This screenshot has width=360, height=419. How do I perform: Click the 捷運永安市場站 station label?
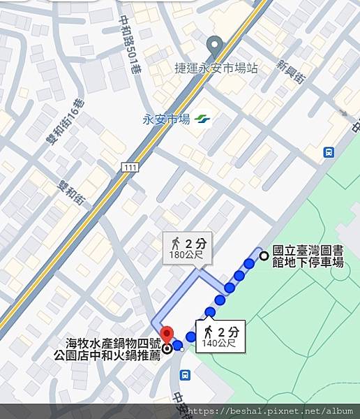click(x=216, y=68)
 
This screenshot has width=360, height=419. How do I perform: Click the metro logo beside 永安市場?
click(x=202, y=119)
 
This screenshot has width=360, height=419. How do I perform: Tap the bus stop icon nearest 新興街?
click(x=329, y=152)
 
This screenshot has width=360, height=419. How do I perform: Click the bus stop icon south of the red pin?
click(x=184, y=375)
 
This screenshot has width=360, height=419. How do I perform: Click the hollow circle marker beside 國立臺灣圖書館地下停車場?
click(x=264, y=256)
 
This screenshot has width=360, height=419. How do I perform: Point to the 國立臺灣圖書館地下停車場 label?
click(x=308, y=256)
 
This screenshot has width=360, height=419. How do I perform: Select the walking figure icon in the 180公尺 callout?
click(x=175, y=243)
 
